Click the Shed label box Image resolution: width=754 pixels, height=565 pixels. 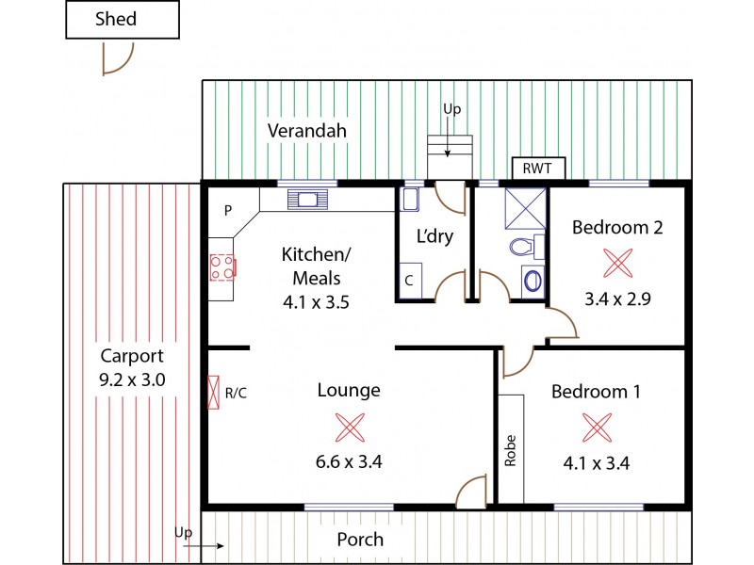coord(122,20)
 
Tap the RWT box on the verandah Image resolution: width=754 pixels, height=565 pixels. coord(538,169)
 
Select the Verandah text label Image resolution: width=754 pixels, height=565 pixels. coord(305,131)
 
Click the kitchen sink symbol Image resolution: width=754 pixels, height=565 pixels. coord(308,199)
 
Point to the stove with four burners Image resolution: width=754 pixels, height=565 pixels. coord(222,267)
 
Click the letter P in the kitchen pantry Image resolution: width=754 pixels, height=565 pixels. coord(227,212)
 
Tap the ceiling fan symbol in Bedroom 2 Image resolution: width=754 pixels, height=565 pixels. coord(618,263)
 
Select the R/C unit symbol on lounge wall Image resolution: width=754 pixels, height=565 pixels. coord(214,392)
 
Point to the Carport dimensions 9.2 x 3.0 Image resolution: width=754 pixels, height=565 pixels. coord(132,379)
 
